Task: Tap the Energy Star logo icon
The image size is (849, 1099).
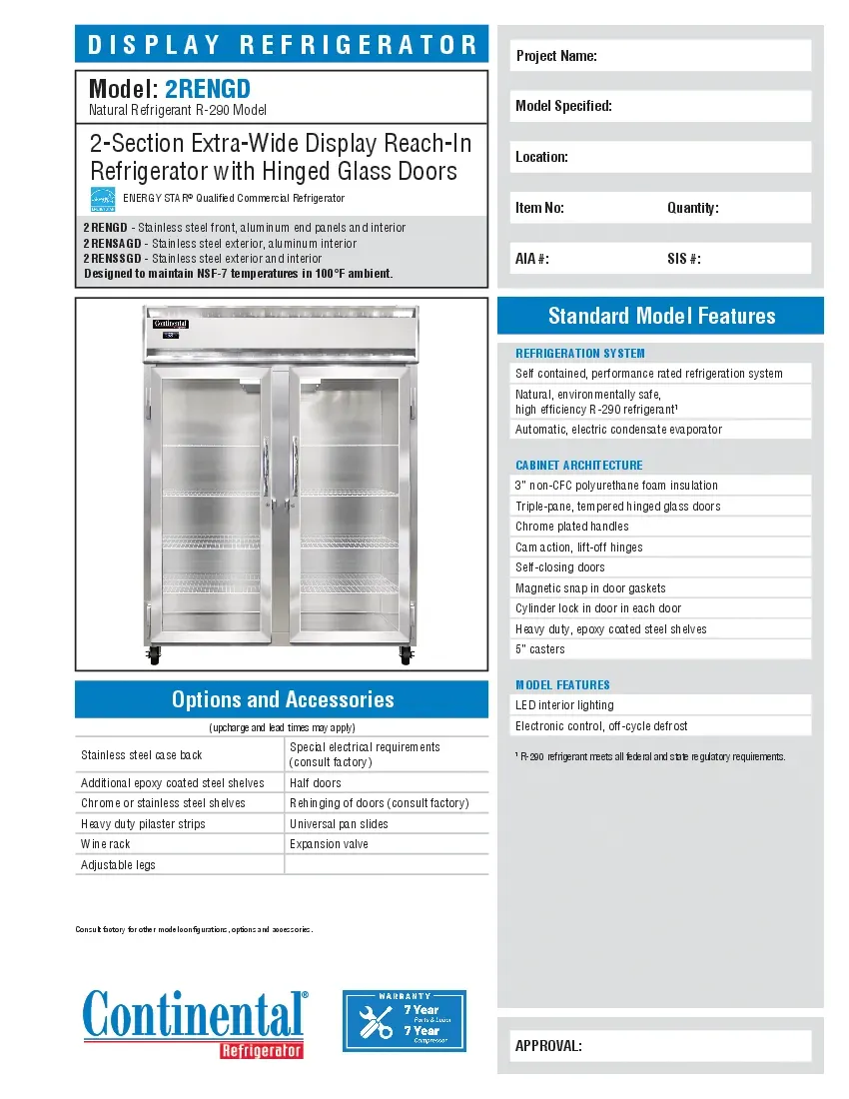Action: click(103, 199)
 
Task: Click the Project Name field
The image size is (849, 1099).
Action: click(660, 56)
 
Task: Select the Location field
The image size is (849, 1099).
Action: click(660, 157)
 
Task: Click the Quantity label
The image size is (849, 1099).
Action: click(692, 208)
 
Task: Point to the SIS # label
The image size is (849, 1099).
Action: click(683, 259)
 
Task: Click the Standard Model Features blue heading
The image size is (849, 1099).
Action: click(660, 316)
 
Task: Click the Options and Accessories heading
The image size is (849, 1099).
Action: click(282, 699)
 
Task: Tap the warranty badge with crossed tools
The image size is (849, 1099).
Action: click(404, 1021)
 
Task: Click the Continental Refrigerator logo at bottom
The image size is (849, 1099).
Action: click(195, 1021)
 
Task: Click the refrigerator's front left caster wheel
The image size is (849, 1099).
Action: click(154, 657)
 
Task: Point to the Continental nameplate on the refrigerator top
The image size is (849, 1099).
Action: click(170, 325)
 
